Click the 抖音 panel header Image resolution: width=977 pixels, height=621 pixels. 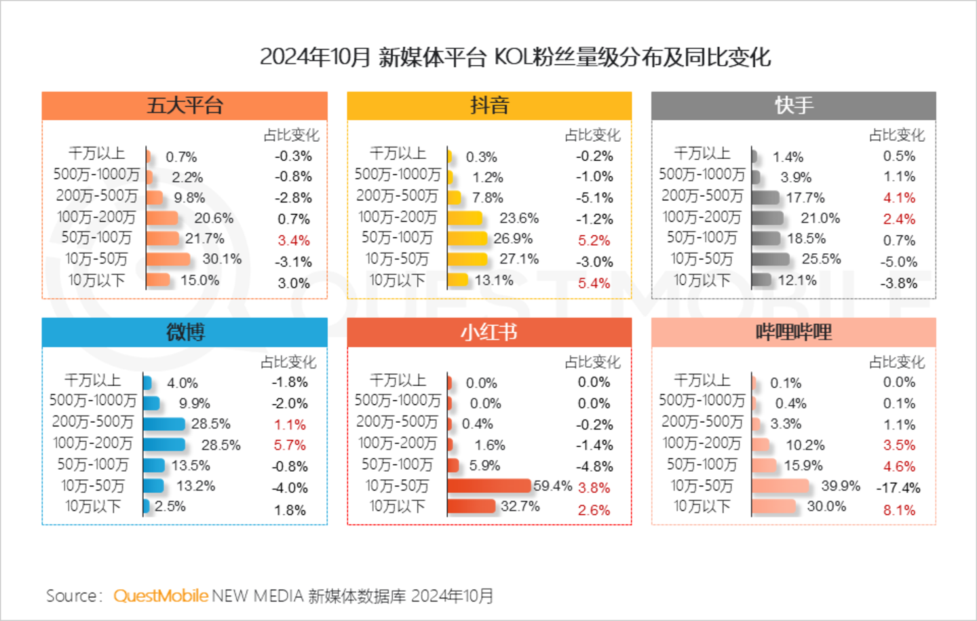[489, 106]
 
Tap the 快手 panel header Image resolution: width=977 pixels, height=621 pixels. [794, 106]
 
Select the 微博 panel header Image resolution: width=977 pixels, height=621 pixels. [185, 333]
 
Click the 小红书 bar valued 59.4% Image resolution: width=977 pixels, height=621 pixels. [489, 486]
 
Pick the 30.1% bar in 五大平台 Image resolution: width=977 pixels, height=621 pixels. [168, 259]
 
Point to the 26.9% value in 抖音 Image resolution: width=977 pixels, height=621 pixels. [513, 239]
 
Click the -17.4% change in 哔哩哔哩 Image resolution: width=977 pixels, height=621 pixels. [898, 488]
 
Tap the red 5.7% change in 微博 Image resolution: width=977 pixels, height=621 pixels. [290, 445]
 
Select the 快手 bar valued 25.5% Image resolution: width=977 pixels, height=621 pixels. [771, 259]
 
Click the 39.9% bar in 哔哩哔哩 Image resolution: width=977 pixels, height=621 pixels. [781, 486]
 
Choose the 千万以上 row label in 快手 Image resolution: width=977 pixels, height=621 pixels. [702, 153]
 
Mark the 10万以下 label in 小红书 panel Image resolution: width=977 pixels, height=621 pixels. [397, 506]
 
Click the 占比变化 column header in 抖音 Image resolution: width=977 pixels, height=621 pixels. [593, 135]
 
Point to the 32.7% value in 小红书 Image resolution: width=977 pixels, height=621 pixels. [520, 506]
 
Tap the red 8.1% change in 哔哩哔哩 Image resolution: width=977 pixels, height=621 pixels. [899, 510]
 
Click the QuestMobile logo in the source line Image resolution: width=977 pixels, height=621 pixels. [160, 596]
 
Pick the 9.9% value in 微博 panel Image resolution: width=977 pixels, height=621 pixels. [195, 403]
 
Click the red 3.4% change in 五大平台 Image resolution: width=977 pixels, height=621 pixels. [293, 240]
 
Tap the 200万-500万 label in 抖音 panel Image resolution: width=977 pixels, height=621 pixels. [397, 196]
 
